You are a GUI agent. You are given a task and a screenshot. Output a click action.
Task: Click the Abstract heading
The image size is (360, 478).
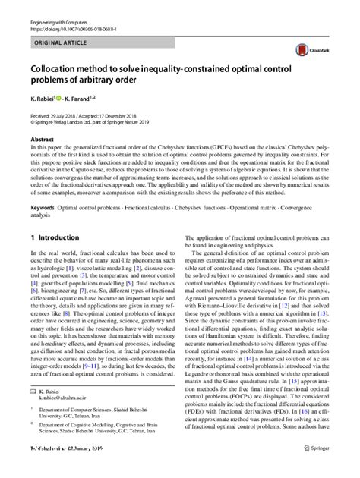(x=42, y=140)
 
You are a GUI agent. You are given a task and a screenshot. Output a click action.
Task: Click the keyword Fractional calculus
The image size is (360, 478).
(x=152, y=208)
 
